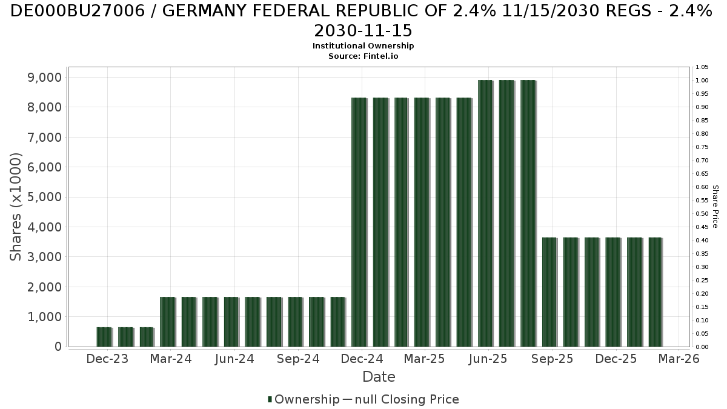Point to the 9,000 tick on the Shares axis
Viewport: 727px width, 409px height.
tap(42, 78)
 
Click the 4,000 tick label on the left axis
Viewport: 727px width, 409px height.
tap(42, 227)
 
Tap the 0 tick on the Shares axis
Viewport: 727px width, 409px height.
tap(58, 347)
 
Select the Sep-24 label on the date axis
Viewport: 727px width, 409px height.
tap(298, 359)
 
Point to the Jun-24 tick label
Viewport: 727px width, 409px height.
tap(234, 359)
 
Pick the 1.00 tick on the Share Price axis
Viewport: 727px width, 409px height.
tap(702, 81)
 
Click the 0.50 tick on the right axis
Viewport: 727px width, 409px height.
tap(702, 214)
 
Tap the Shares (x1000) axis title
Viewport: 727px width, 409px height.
tap(16, 207)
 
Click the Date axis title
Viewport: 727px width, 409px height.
tap(379, 377)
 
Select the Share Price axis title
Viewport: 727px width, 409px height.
tap(715, 207)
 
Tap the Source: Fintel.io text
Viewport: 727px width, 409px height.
tap(363, 56)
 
